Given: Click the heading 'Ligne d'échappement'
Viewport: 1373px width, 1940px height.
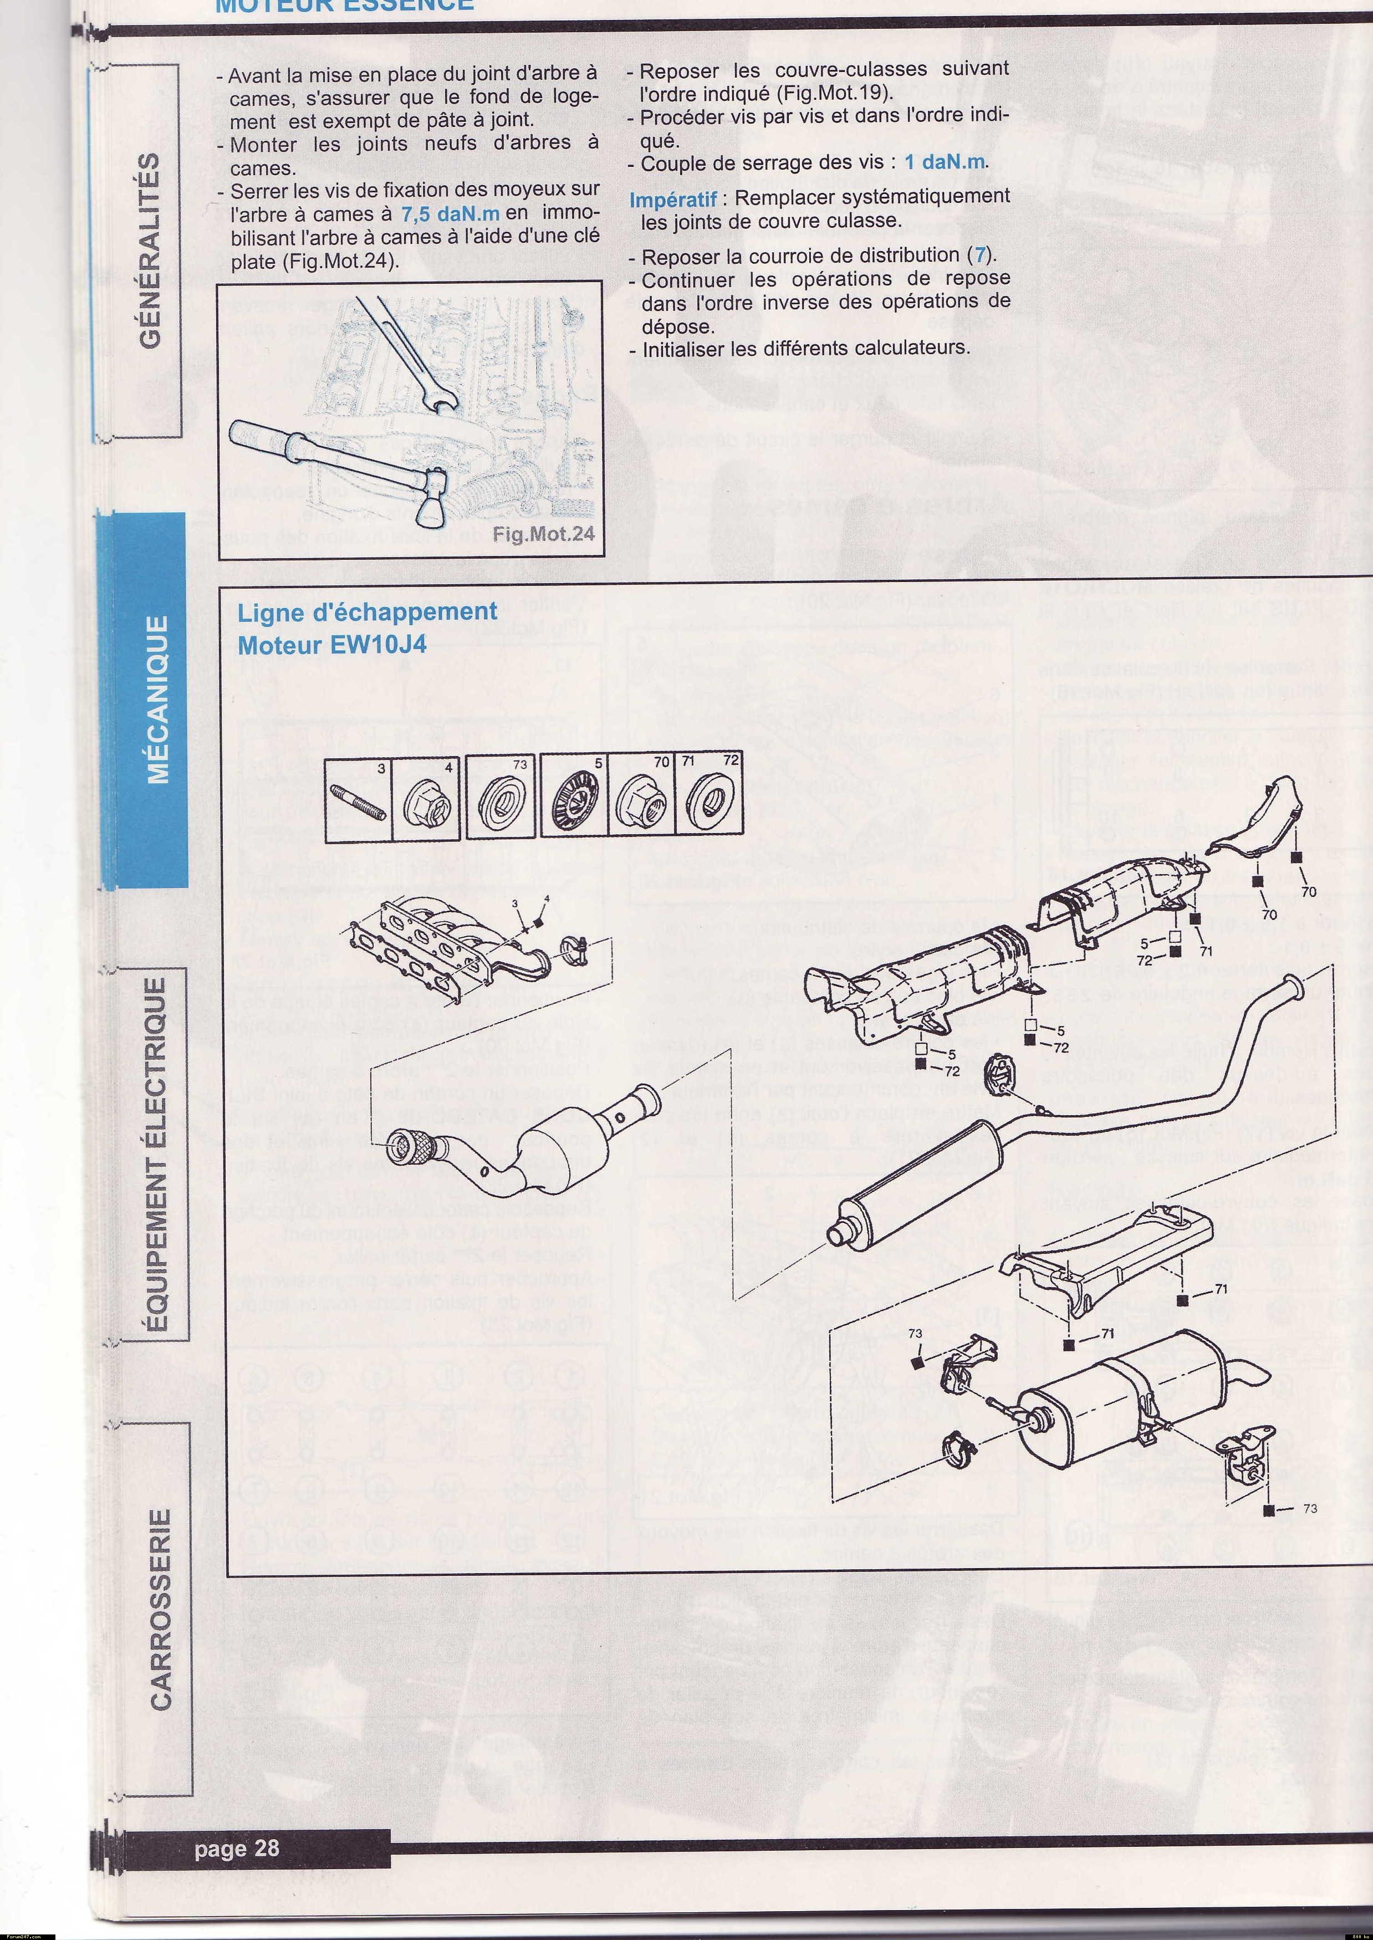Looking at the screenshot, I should pyautogui.click(x=367, y=611).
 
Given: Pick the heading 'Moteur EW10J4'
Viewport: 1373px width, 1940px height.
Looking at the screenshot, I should pyautogui.click(x=331, y=645).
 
